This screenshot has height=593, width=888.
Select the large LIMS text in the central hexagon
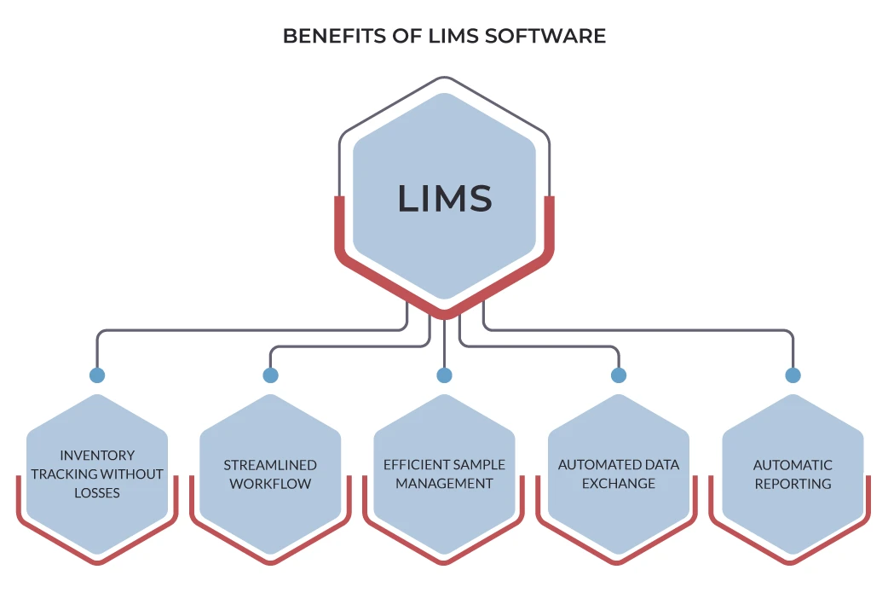[444, 198]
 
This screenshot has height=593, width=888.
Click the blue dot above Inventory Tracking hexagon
[97, 375]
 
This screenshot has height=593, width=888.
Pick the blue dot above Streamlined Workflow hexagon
[270, 375]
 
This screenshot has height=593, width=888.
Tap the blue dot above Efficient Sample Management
[444, 375]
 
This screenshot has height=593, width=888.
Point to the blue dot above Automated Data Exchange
[619, 375]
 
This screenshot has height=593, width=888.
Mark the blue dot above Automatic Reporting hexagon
[793, 375]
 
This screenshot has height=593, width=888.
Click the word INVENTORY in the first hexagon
[97, 456]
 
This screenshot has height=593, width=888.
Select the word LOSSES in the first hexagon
[97, 493]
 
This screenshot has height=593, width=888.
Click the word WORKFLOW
[270, 484]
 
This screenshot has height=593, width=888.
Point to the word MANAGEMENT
[444, 484]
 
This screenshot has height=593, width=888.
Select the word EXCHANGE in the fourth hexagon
[619, 484]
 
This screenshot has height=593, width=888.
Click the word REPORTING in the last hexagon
[793, 484]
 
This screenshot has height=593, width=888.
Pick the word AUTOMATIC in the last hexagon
[793, 465]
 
